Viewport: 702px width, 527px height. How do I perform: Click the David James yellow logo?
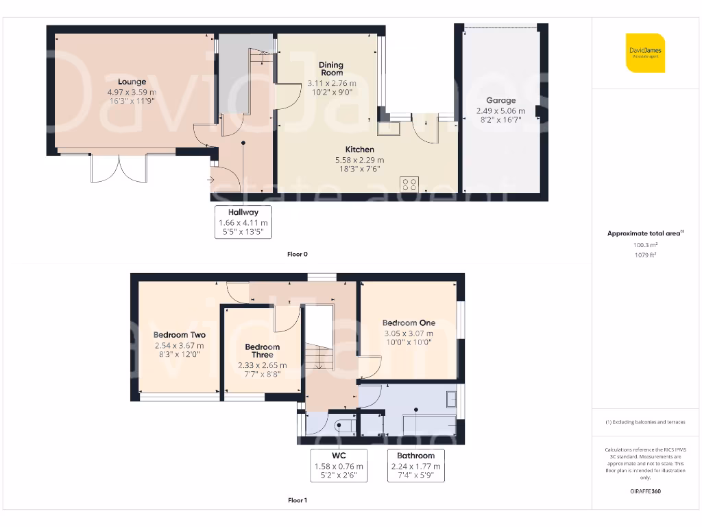coord(644,52)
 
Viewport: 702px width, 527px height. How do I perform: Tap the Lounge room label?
coord(132,82)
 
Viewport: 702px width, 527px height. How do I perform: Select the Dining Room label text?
coord(331,69)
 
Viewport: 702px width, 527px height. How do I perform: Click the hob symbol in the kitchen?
coord(410,184)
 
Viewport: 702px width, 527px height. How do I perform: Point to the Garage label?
coord(500,100)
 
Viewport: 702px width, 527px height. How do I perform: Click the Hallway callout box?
coord(243,222)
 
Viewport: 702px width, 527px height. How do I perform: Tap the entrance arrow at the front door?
coord(210,180)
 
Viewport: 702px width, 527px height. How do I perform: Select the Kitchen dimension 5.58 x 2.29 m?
coord(359,160)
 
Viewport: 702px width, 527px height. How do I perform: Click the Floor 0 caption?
coord(297,254)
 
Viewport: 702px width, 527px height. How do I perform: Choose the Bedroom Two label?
coord(179,335)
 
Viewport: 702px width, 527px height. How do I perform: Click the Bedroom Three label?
coord(262,351)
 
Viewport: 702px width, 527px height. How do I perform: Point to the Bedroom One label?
coord(409,323)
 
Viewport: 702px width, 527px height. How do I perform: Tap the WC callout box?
coord(339,465)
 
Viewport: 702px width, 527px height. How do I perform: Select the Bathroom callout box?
coord(415,465)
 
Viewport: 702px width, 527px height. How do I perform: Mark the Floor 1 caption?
coord(297,500)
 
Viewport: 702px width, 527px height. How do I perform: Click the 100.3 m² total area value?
coord(644,244)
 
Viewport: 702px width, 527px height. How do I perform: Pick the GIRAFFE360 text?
coord(644,491)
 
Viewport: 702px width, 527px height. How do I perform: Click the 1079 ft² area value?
coord(644,255)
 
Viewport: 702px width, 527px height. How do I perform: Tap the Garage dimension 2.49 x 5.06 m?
coord(500,110)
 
